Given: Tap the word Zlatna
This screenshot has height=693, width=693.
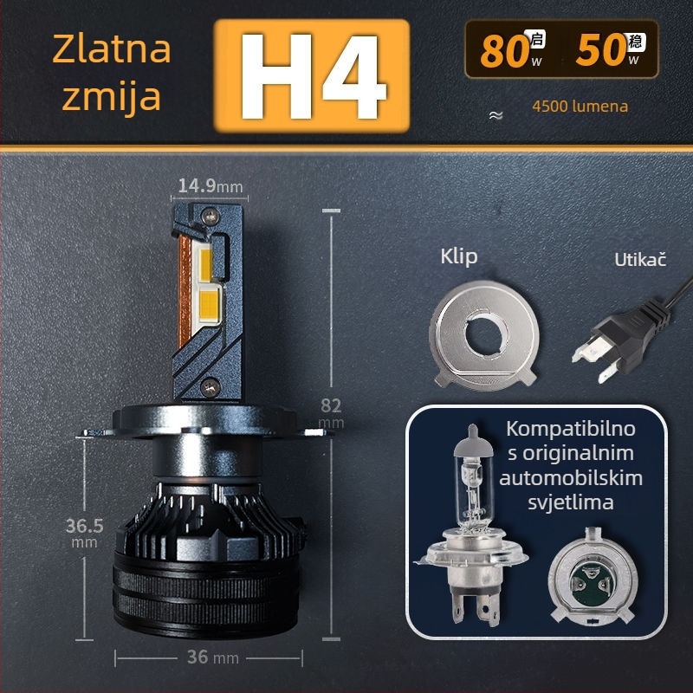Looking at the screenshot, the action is pos(112,49).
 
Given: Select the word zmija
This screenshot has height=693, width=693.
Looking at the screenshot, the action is pos(112,97).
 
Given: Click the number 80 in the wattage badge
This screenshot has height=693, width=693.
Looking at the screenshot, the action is pos(505,52).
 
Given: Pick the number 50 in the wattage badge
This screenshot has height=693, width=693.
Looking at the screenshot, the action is pos(600,50).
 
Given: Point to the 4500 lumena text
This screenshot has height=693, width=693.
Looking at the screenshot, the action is pos(580,107).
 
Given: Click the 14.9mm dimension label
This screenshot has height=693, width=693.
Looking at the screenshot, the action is pos(210,185).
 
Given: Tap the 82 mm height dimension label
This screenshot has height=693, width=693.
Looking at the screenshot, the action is pos(331,413).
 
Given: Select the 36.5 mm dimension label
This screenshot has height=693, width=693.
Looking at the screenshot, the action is pos(84,532).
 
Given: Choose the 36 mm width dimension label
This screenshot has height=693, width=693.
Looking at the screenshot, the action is pos(212,657).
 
